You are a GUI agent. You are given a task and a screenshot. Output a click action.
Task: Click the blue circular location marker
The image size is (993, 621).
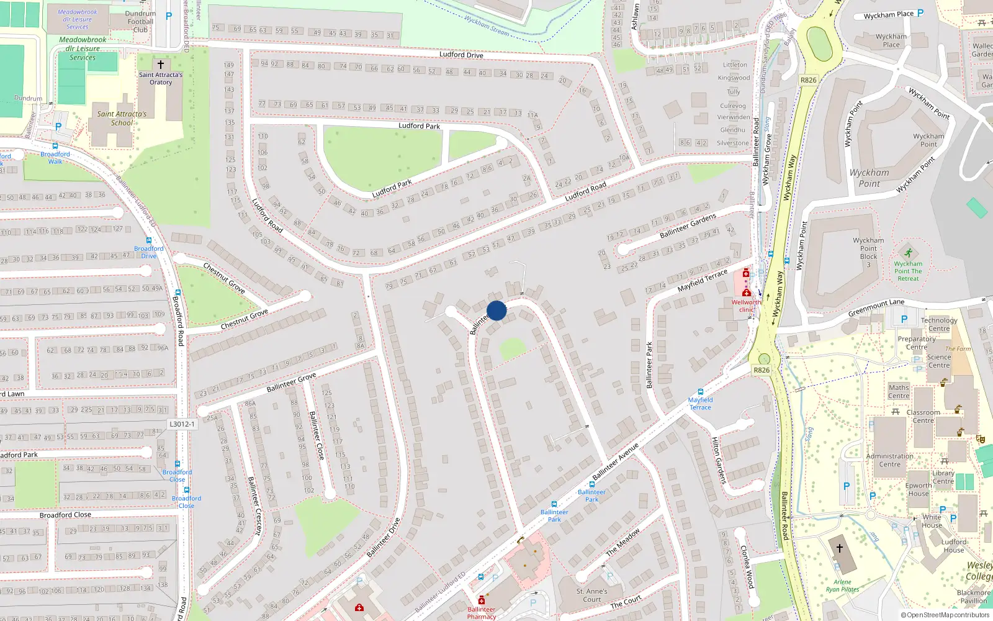click(496, 310)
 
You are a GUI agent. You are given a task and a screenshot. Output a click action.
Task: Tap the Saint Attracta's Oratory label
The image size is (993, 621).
click(161, 78)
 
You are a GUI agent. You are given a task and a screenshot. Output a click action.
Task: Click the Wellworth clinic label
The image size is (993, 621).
click(746, 306)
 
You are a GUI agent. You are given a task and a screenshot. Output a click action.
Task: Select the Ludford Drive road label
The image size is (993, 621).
click(461, 55)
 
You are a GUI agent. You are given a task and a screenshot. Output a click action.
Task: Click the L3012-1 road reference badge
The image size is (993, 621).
click(182, 424)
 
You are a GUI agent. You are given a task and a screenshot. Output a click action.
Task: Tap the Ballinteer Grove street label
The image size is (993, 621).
click(291, 383)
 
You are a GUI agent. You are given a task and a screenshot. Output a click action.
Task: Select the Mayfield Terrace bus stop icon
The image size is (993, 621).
click(701, 392)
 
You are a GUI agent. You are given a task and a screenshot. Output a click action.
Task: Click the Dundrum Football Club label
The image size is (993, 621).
click(141, 22)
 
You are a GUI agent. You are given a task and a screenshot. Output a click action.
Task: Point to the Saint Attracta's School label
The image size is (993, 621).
click(122, 118)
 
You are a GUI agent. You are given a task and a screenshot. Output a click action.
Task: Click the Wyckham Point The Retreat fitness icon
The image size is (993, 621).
click(908, 253)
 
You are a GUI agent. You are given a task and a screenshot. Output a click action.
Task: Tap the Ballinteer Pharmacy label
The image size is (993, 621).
click(482, 613)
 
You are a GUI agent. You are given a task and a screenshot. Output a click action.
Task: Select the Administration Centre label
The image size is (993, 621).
click(889, 460)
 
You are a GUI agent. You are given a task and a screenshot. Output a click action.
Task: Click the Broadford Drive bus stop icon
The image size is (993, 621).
click(148, 240)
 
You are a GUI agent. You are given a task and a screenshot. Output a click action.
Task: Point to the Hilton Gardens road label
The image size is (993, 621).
click(718, 460)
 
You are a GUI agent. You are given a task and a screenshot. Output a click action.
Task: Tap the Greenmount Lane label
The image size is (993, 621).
click(876, 307)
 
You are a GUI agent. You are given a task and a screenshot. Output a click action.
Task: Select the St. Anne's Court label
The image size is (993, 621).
click(592, 595)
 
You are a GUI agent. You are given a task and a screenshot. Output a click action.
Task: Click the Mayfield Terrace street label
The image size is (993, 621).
click(702, 281)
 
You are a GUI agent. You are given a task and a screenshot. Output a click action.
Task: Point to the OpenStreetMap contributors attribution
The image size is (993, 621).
click(945, 615)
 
